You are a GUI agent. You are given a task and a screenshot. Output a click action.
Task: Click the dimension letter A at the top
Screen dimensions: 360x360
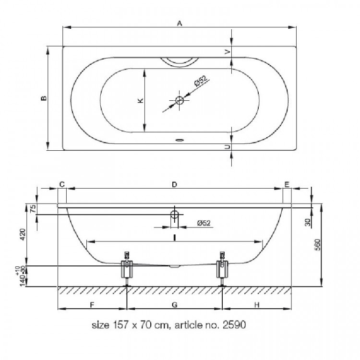click(x=180, y=23)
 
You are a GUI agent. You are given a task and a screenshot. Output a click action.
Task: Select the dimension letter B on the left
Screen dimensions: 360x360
click(x=44, y=98)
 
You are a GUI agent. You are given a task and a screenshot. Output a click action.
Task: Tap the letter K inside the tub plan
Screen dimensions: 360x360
click(x=140, y=100)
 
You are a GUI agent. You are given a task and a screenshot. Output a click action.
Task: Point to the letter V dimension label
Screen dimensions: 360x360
click(x=228, y=52)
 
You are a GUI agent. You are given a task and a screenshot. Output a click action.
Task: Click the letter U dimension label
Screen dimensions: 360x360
click(x=228, y=147)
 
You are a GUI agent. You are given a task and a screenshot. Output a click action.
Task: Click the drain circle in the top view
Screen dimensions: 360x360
click(x=180, y=100)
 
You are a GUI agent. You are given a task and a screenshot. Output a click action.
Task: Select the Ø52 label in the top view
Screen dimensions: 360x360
click(x=201, y=81)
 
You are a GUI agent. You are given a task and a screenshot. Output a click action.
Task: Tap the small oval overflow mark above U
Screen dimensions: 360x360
click(x=180, y=140)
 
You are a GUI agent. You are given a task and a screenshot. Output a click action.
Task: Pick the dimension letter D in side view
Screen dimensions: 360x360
click(x=175, y=184)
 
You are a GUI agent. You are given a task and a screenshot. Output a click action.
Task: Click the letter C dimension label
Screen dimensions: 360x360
click(x=62, y=184)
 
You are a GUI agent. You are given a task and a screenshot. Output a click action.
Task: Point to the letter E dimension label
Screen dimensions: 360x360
click(x=287, y=184)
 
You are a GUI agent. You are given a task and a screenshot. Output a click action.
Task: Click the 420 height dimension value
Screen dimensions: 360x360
click(x=23, y=234)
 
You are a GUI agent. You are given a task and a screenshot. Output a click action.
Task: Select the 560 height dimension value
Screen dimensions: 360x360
click(x=317, y=245)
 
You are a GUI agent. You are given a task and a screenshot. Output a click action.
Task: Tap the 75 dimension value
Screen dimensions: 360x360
click(x=33, y=208)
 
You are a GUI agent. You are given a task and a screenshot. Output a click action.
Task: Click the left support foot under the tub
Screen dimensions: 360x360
click(x=127, y=269)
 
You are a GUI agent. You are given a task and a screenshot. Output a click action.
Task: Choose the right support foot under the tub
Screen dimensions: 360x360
click(x=222, y=269)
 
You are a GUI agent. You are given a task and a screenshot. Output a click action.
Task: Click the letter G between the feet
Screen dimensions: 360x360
click(x=175, y=305)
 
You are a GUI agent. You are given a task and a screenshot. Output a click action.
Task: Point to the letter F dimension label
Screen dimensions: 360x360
click(x=92, y=305)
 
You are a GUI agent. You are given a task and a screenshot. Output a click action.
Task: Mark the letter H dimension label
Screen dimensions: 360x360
click(x=257, y=305)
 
